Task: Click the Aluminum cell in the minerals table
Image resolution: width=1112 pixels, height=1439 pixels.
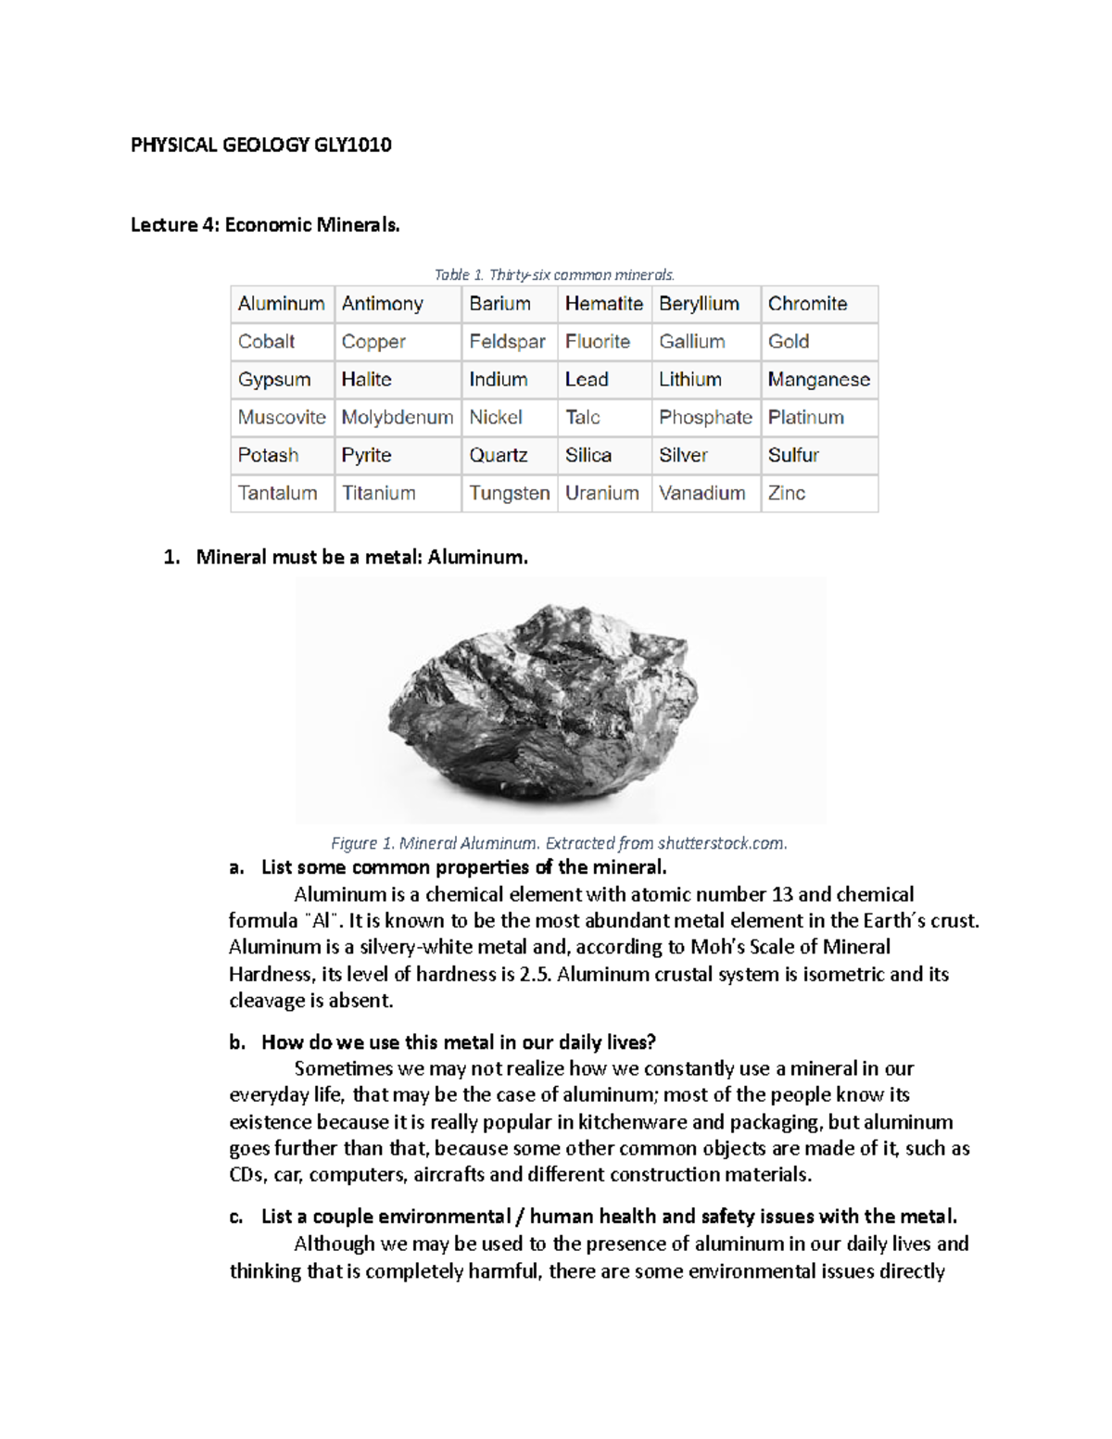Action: point(281,304)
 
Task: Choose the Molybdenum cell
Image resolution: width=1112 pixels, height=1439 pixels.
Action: point(397,418)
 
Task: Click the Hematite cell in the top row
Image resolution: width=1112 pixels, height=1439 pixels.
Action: point(603,304)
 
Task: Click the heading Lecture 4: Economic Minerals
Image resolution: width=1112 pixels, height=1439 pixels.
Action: point(265,225)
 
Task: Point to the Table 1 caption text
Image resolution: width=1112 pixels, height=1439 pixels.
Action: point(554,274)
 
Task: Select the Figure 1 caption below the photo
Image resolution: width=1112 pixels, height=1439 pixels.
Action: point(559,843)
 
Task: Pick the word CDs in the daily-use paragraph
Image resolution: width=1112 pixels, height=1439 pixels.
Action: point(246,1175)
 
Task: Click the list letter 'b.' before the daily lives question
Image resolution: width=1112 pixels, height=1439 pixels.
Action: point(237,1042)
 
